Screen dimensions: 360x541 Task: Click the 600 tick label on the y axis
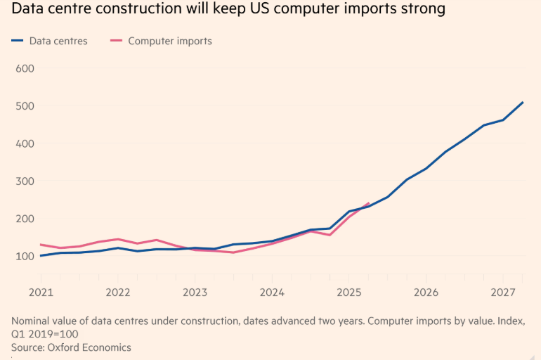pyautogui.click(x=25, y=68)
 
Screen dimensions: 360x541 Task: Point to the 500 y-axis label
pyautogui.click(x=25, y=105)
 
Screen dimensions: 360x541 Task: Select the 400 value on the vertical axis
pyautogui.click(x=25, y=143)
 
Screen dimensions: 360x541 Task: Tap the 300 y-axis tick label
pyautogui.click(x=25, y=181)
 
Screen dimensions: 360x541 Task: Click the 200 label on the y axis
pyautogui.click(x=25, y=219)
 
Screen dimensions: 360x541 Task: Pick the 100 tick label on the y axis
pyautogui.click(x=25, y=256)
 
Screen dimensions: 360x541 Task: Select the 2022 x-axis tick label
pyautogui.click(x=118, y=292)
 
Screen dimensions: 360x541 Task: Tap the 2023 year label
pyautogui.click(x=195, y=292)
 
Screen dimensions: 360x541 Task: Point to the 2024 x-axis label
pyautogui.click(x=272, y=292)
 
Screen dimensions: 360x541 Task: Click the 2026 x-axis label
pyautogui.click(x=426, y=292)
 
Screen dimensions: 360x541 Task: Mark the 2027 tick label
pyautogui.click(x=503, y=292)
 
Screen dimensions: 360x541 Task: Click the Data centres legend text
pyautogui.click(x=58, y=41)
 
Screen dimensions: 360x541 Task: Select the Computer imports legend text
pyautogui.click(x=170, y=41)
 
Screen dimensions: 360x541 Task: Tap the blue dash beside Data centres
pyautogui.click(x=18, y=41)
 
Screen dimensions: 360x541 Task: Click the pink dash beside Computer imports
pyautogui.click(x=116, y=41)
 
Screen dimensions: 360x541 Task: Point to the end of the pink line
pyautogui.click(x=369, y=203)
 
